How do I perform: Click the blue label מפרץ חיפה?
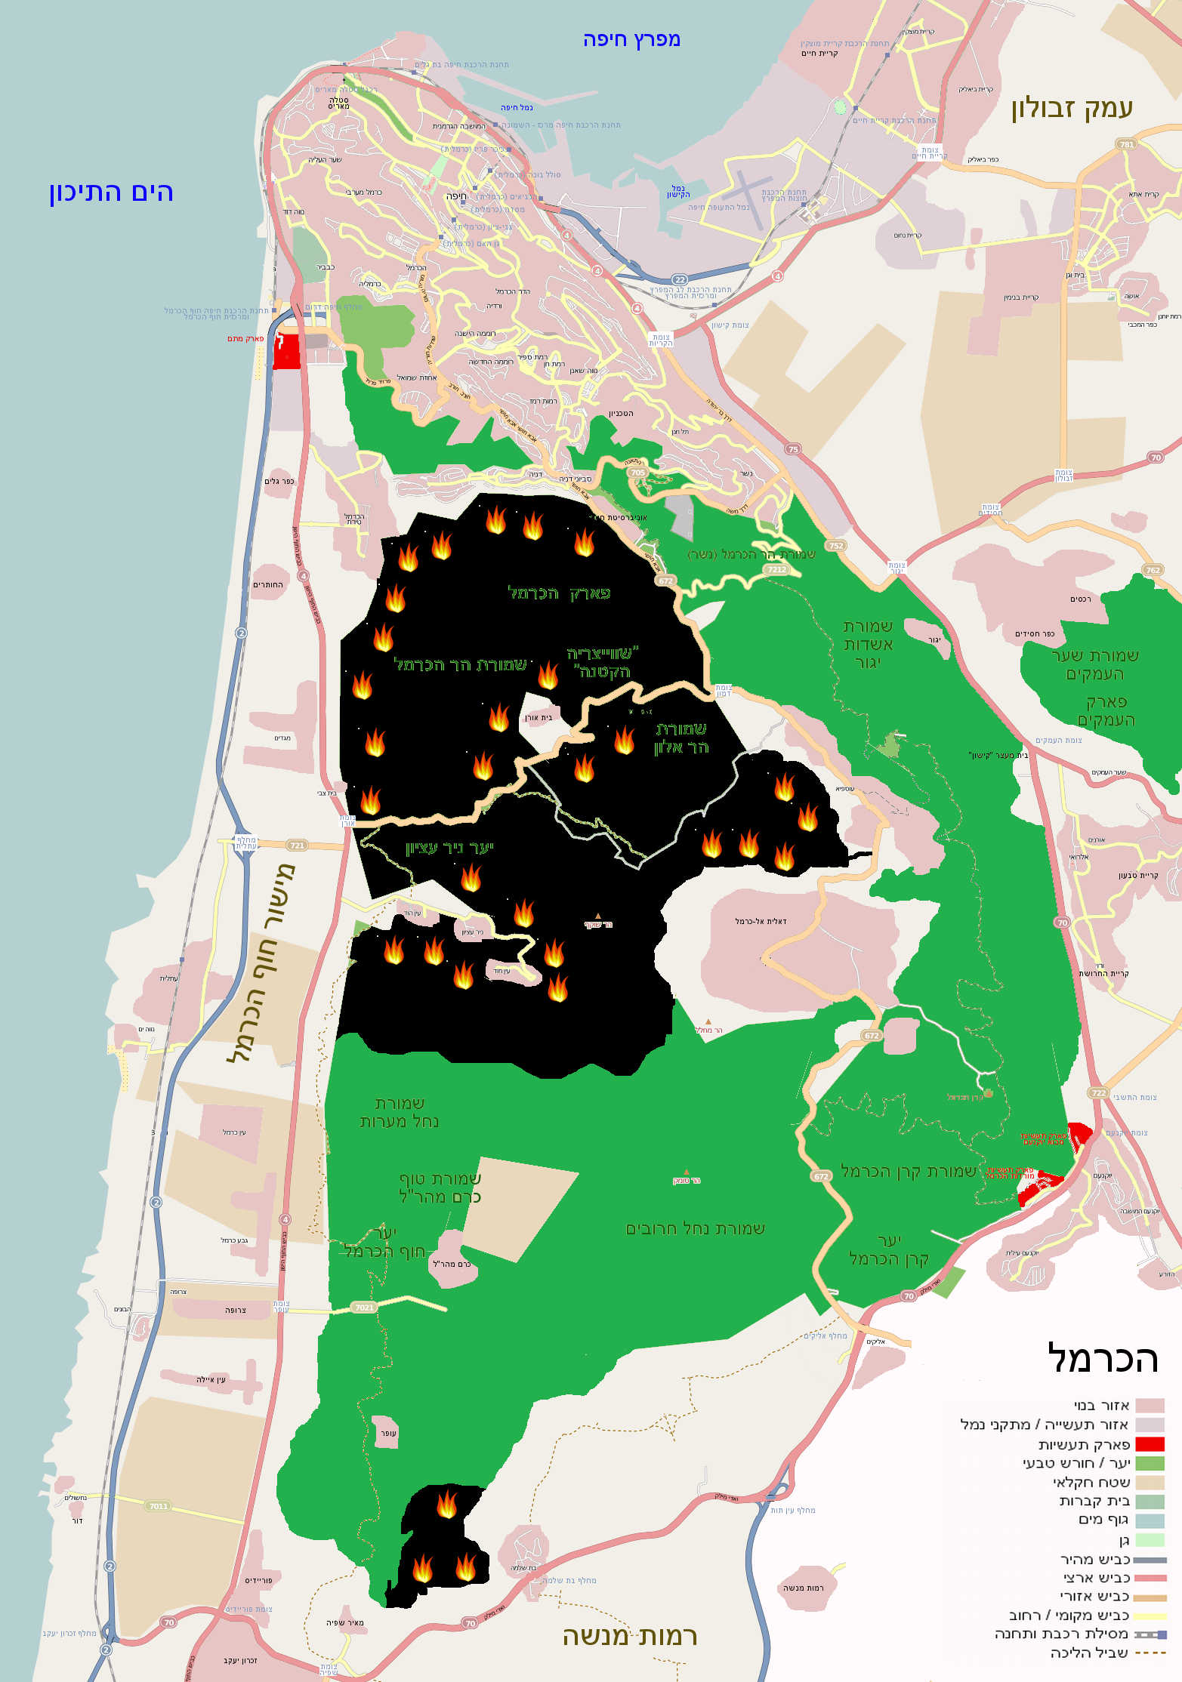pos(631,40)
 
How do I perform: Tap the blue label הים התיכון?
pos(112,193)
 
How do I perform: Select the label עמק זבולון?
pos(1072,108)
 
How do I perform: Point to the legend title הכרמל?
pos(1103,1359)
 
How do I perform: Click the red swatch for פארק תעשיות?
pos(1150,1444)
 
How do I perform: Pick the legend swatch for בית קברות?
pos(1150,1502)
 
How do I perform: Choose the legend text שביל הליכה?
pos(1089,1653)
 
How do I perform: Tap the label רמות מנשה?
pos(630,1636)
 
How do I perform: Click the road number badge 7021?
pos(364,1307)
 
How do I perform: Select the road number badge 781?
pos(1127,144)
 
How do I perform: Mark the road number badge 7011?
pos(159,1505)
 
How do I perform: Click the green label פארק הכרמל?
pos(559,593)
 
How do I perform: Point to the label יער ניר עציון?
pos(449,848)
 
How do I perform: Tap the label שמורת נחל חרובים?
pos(695,1228)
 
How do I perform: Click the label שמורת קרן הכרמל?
pos(909,1171)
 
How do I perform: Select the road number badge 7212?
pos(776,569)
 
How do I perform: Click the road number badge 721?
pos(297,846)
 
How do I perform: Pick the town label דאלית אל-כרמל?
pos(761,921)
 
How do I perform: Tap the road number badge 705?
pos(638,473)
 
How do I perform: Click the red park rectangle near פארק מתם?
pos(286,351)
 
